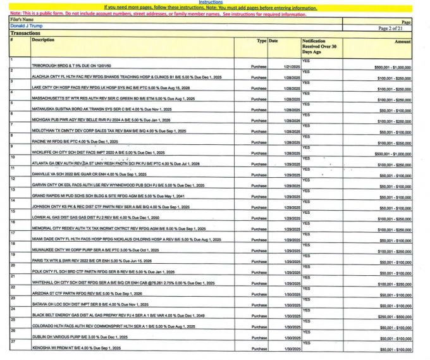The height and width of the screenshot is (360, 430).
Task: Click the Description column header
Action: [44, 40]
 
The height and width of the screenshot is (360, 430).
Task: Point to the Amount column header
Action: [403, 41]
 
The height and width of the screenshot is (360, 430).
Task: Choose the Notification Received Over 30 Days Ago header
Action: [319, 46]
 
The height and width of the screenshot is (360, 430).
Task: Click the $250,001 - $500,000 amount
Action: [394, 316]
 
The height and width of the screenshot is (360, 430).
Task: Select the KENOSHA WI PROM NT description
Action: [75, 349]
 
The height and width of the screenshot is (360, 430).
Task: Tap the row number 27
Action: [13, 342]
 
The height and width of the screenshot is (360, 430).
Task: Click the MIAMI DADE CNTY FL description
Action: [126, 240]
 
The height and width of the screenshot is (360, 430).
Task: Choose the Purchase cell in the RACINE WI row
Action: [259, 144]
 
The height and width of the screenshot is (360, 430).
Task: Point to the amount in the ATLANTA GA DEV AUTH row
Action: [394, 164]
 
